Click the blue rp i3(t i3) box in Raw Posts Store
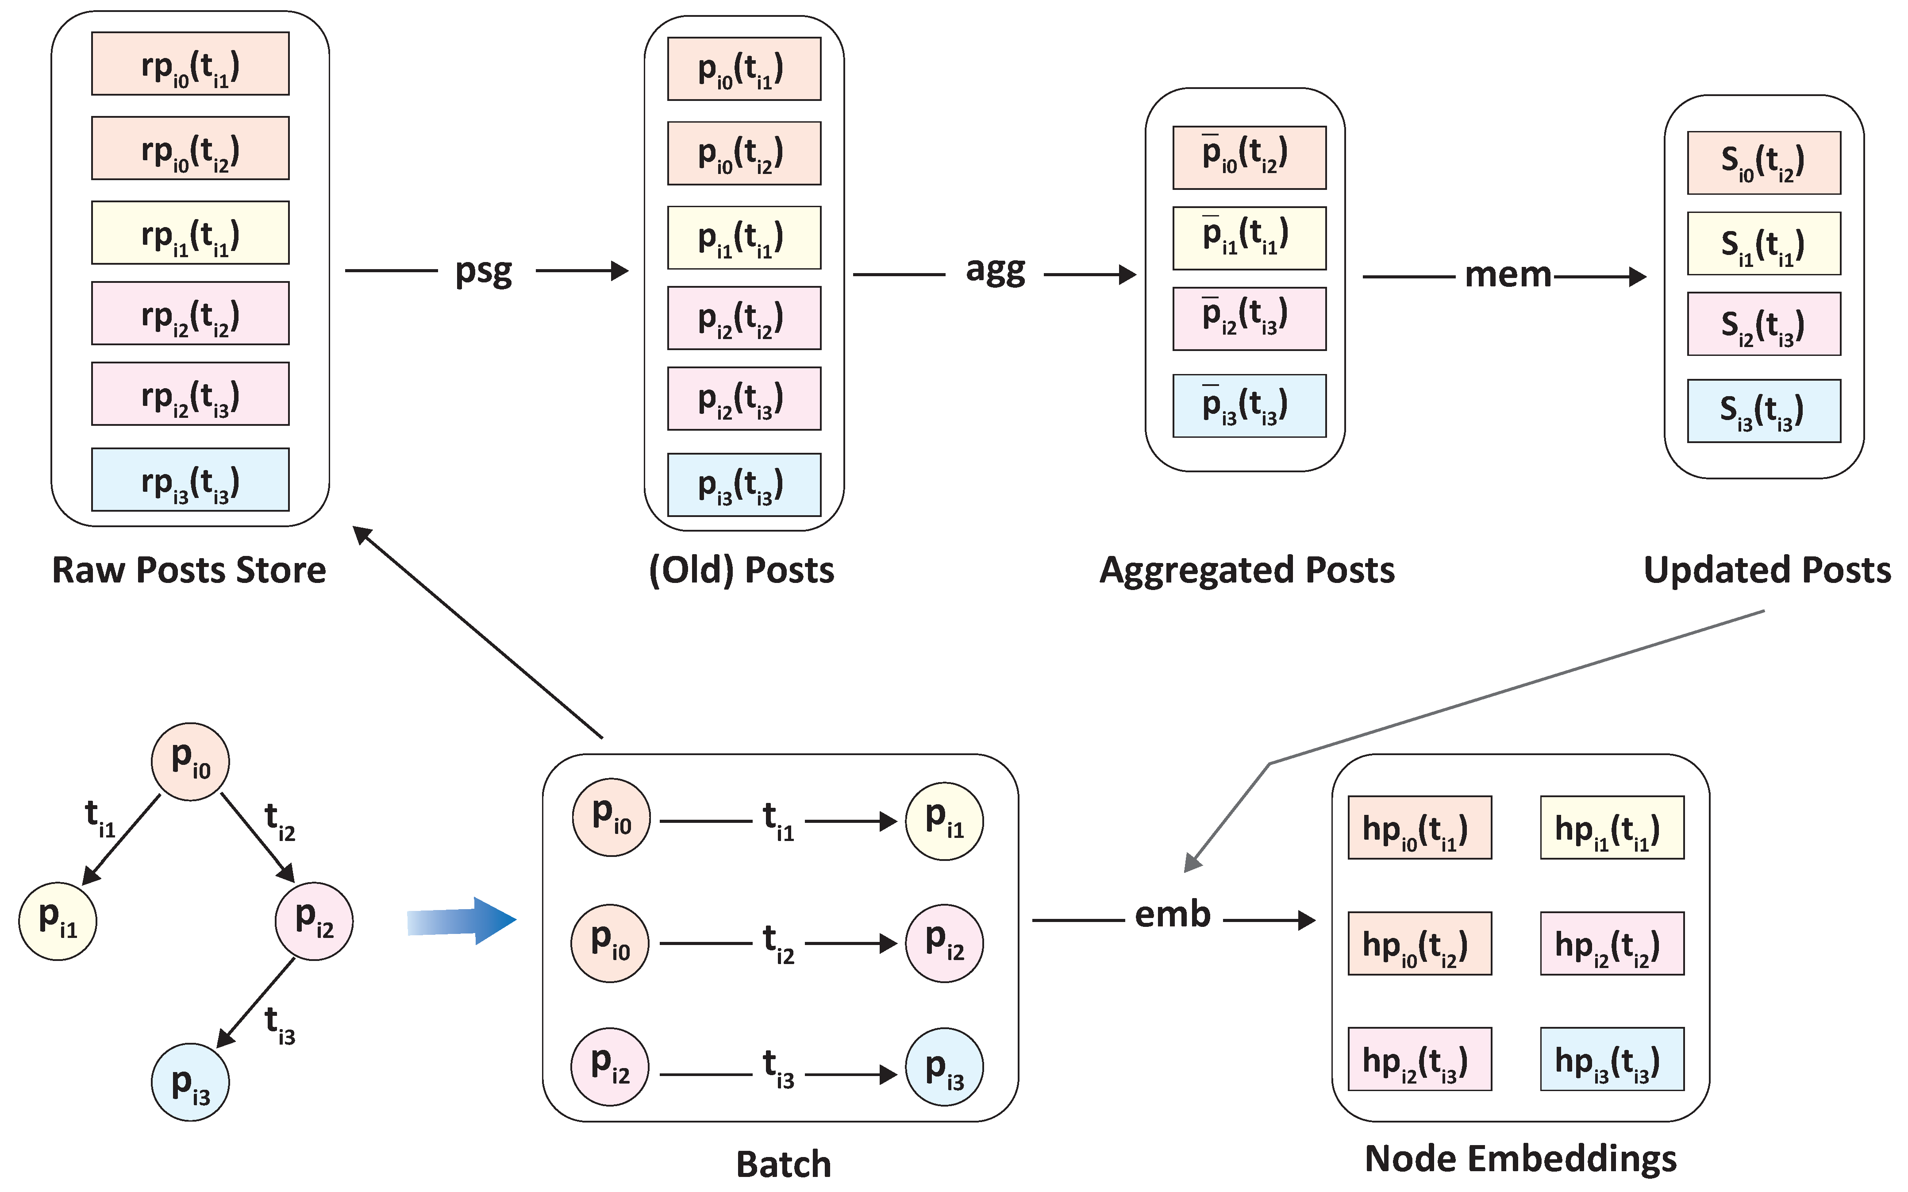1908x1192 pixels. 190,479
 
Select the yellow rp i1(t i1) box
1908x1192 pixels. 190,232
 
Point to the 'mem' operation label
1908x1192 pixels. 1507,275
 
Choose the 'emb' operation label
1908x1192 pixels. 1172,914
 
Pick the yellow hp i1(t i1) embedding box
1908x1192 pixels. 1612,828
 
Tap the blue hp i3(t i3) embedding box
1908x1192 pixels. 1612,1059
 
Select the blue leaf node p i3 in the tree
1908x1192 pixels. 191,1082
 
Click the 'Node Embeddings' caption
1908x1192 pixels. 1520,1158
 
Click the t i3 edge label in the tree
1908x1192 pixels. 279,1025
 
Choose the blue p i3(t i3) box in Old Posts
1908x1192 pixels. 744,485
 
